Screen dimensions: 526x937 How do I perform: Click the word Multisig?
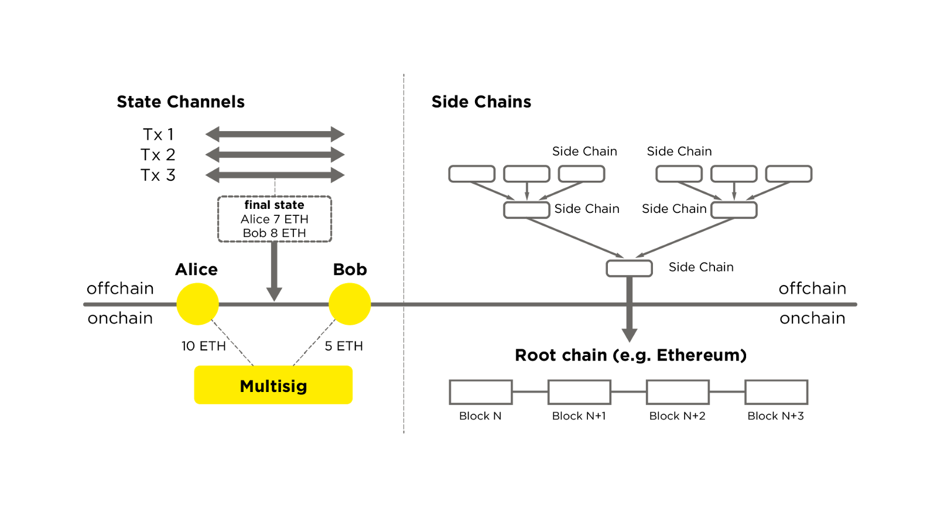coord(273,386)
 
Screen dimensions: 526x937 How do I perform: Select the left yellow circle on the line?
coord(198,304)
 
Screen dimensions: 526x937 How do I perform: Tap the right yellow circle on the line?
coord(350,304)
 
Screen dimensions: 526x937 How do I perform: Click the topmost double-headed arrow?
coord(275,134)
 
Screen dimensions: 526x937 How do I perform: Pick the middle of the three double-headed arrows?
coord(275,154)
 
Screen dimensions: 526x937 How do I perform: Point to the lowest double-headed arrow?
coord(275,174)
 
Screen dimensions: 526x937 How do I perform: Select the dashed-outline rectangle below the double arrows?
coord(275,219)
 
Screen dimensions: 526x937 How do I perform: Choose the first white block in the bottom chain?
coord(481,392)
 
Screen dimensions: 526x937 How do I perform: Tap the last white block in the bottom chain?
coord(776,392)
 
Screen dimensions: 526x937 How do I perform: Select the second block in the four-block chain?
coord(579,392)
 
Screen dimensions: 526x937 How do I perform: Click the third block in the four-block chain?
coord(678,392)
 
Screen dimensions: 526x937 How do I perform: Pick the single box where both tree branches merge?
coord(629,269)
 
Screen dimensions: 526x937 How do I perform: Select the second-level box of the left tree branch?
coord(526,210)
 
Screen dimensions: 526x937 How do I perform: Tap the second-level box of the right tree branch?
coord(734,210)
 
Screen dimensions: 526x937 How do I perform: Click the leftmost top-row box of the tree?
coord(472,174)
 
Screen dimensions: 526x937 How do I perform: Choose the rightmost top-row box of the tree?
coord(788,174)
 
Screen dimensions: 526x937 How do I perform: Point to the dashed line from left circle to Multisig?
coord(232,343)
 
